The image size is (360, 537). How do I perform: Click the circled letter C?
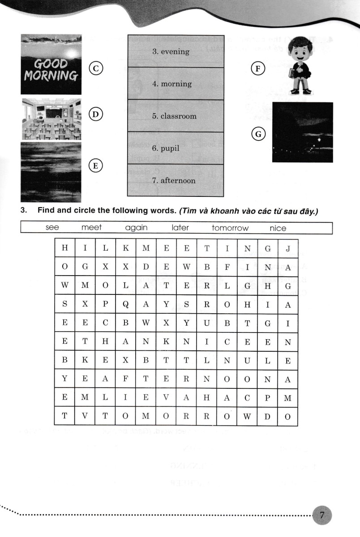[x=96, y=68]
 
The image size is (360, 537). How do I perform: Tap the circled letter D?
[x=95, y=115]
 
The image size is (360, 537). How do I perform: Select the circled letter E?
[x=95, y=166]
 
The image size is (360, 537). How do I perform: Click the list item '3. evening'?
[x=171, y=51]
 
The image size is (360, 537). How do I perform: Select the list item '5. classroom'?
[x=174, y=116]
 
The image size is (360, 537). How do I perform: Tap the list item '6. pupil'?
[x=165, y=148]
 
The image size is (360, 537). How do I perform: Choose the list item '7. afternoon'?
[x=173, y=181]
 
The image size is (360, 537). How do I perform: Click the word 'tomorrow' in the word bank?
[x=230, y=228]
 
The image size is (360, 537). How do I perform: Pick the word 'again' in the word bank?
[x=136, y=228]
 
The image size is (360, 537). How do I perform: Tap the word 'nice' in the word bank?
[x=278, y=228]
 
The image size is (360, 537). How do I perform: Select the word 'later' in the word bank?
[x=180, y=228]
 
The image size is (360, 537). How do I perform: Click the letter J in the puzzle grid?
[x=288, y=248]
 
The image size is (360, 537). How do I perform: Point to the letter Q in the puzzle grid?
[x=126, y=305]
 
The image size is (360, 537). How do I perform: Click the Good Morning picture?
[x=51, y=65]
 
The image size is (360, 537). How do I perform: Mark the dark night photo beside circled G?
[x=302, y=132]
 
